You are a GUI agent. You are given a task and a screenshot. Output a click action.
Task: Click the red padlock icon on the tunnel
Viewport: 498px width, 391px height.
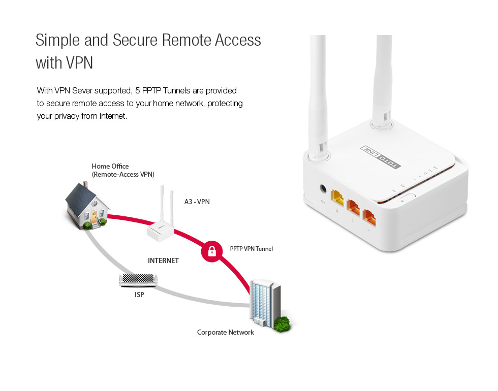(x=212, y=251)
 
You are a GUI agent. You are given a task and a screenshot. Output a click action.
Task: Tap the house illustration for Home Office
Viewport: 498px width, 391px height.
(x=87, y=207)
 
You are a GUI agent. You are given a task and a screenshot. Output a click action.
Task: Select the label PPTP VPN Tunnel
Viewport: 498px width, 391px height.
(x=251, y=249)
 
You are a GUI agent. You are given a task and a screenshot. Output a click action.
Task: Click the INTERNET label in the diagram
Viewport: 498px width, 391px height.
(x=163, y=260)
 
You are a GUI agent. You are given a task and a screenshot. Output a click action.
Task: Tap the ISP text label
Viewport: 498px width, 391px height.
(x=139, y=294)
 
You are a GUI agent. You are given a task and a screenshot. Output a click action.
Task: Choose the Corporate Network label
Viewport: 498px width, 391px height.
(x=225, y=333)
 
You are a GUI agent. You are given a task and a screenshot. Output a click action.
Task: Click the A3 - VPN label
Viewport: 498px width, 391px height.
(x=197, y=202)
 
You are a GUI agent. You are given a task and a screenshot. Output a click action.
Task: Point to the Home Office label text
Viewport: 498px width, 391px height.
(x=110, y=167)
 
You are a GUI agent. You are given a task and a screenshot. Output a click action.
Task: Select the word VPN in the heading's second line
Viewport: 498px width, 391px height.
(x=79, y=63)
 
